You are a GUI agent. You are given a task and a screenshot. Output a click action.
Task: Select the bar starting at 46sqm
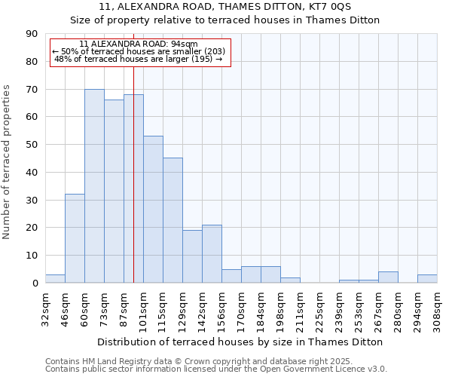pyautogui.click(x=75, y=238)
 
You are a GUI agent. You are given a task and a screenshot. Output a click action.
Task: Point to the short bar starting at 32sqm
pyautogui.click(x=55, y=278)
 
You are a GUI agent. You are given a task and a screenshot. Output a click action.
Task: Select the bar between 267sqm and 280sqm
pyautogui.click(x=388, y=277)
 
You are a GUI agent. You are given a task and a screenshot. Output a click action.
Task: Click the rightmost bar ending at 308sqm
pyautogui.click(x=427, y=278)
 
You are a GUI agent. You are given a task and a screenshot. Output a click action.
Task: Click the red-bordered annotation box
pyautogui.click(x=139, y=52)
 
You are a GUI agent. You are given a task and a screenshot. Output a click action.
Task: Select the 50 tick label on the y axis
pyautogui.click(x=32, y=145)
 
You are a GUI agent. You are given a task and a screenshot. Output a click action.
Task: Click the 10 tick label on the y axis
pyautogui.click(x=32, y=256)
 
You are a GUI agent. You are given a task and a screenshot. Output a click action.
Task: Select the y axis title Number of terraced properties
pyautogui.click(x=7, y=161)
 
